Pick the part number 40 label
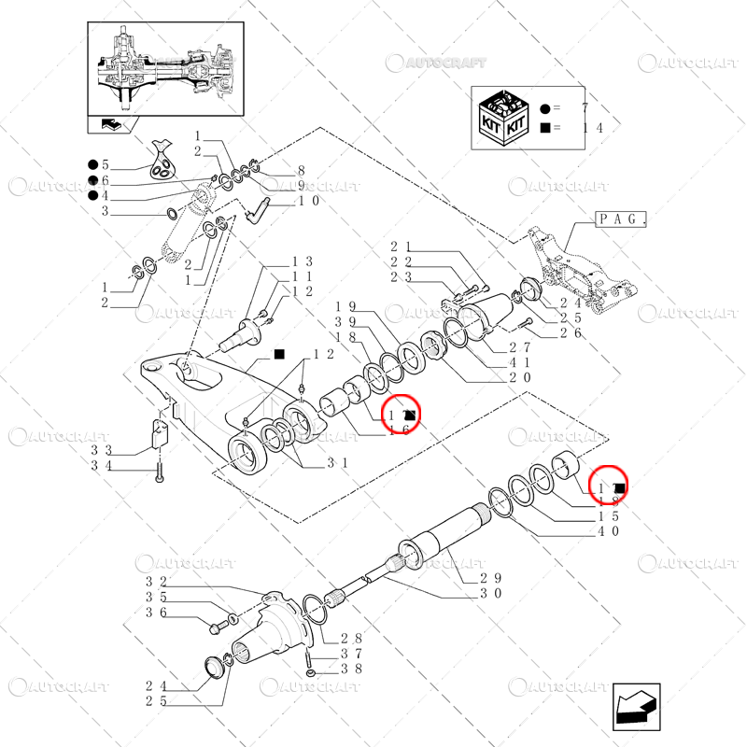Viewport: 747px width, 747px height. [609, 531]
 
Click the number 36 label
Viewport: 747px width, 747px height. [156, 613]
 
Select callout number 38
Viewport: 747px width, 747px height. [351, 669]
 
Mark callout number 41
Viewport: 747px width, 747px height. [520, 362]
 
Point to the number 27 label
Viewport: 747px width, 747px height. [520, 347]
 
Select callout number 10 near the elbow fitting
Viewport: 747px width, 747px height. [309, 201]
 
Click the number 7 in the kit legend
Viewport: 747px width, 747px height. [585, 110]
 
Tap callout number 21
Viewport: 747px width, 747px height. [402, 246]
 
